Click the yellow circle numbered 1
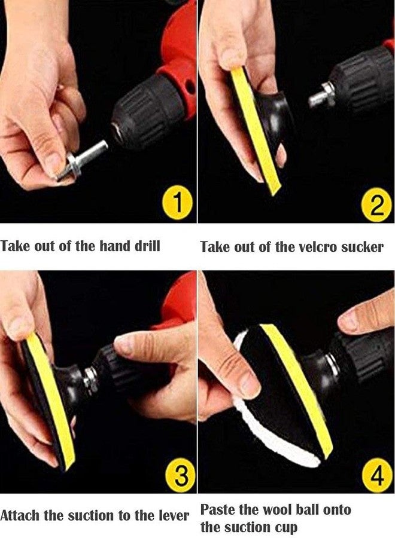(x=178, y=203)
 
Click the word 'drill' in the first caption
(x=147, y=246)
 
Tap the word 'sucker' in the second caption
(x=362, y=247)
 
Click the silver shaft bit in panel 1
(x=83, y=161)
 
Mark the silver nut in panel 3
(x=90, y=380)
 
